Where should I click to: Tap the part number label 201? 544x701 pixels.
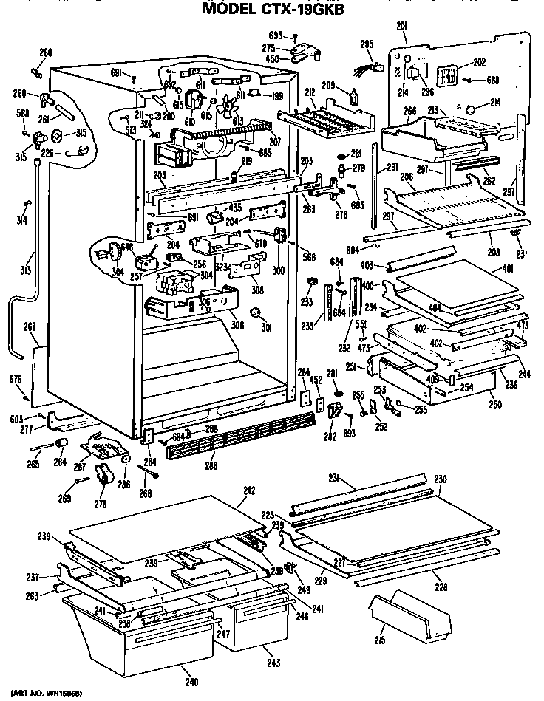402,27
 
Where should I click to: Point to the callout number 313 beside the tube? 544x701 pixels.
25,270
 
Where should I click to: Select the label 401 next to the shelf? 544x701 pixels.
508,269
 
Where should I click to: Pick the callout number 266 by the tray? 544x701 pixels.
410,111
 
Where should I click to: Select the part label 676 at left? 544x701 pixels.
16,380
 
